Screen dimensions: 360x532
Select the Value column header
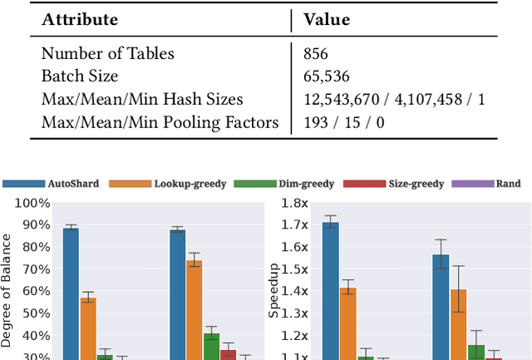coord(327,19)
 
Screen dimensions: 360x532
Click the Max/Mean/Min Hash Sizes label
coord(142,100)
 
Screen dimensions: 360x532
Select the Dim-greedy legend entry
coord(308,183)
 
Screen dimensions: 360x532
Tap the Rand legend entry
coord(508,183)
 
